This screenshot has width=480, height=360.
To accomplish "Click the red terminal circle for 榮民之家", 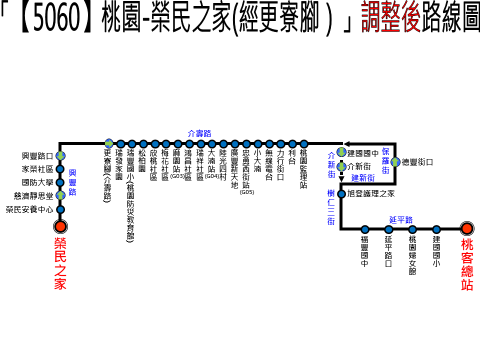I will tap(60, 227).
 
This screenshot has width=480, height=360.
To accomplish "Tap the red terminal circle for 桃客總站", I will tap(467, 228).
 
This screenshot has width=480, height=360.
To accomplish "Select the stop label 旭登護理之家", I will tap(370, 193).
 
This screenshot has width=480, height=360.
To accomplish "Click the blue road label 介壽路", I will tap(199, 133).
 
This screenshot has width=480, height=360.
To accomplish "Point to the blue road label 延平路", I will tap(400, 220).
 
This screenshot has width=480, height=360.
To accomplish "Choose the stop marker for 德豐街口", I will tap(395, 162).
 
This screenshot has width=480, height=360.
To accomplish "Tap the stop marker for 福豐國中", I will tap(365, 229).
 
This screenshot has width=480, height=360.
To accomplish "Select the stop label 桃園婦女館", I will tap(412, 255).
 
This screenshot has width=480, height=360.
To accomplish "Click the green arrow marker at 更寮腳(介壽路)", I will tap(108, 143).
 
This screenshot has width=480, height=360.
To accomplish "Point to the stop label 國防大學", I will tap(37, 182).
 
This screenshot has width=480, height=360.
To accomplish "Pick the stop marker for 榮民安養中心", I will tap(60, 209).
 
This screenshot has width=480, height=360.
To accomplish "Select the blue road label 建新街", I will tap(362, 177).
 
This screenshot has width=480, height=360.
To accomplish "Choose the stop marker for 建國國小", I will tap(436, 229).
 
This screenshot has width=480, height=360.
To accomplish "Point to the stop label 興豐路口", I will tap(37, 156).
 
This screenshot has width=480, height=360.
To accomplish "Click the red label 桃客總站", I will tap(467, 265).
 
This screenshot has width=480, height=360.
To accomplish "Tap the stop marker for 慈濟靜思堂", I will tap(60, 195).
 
